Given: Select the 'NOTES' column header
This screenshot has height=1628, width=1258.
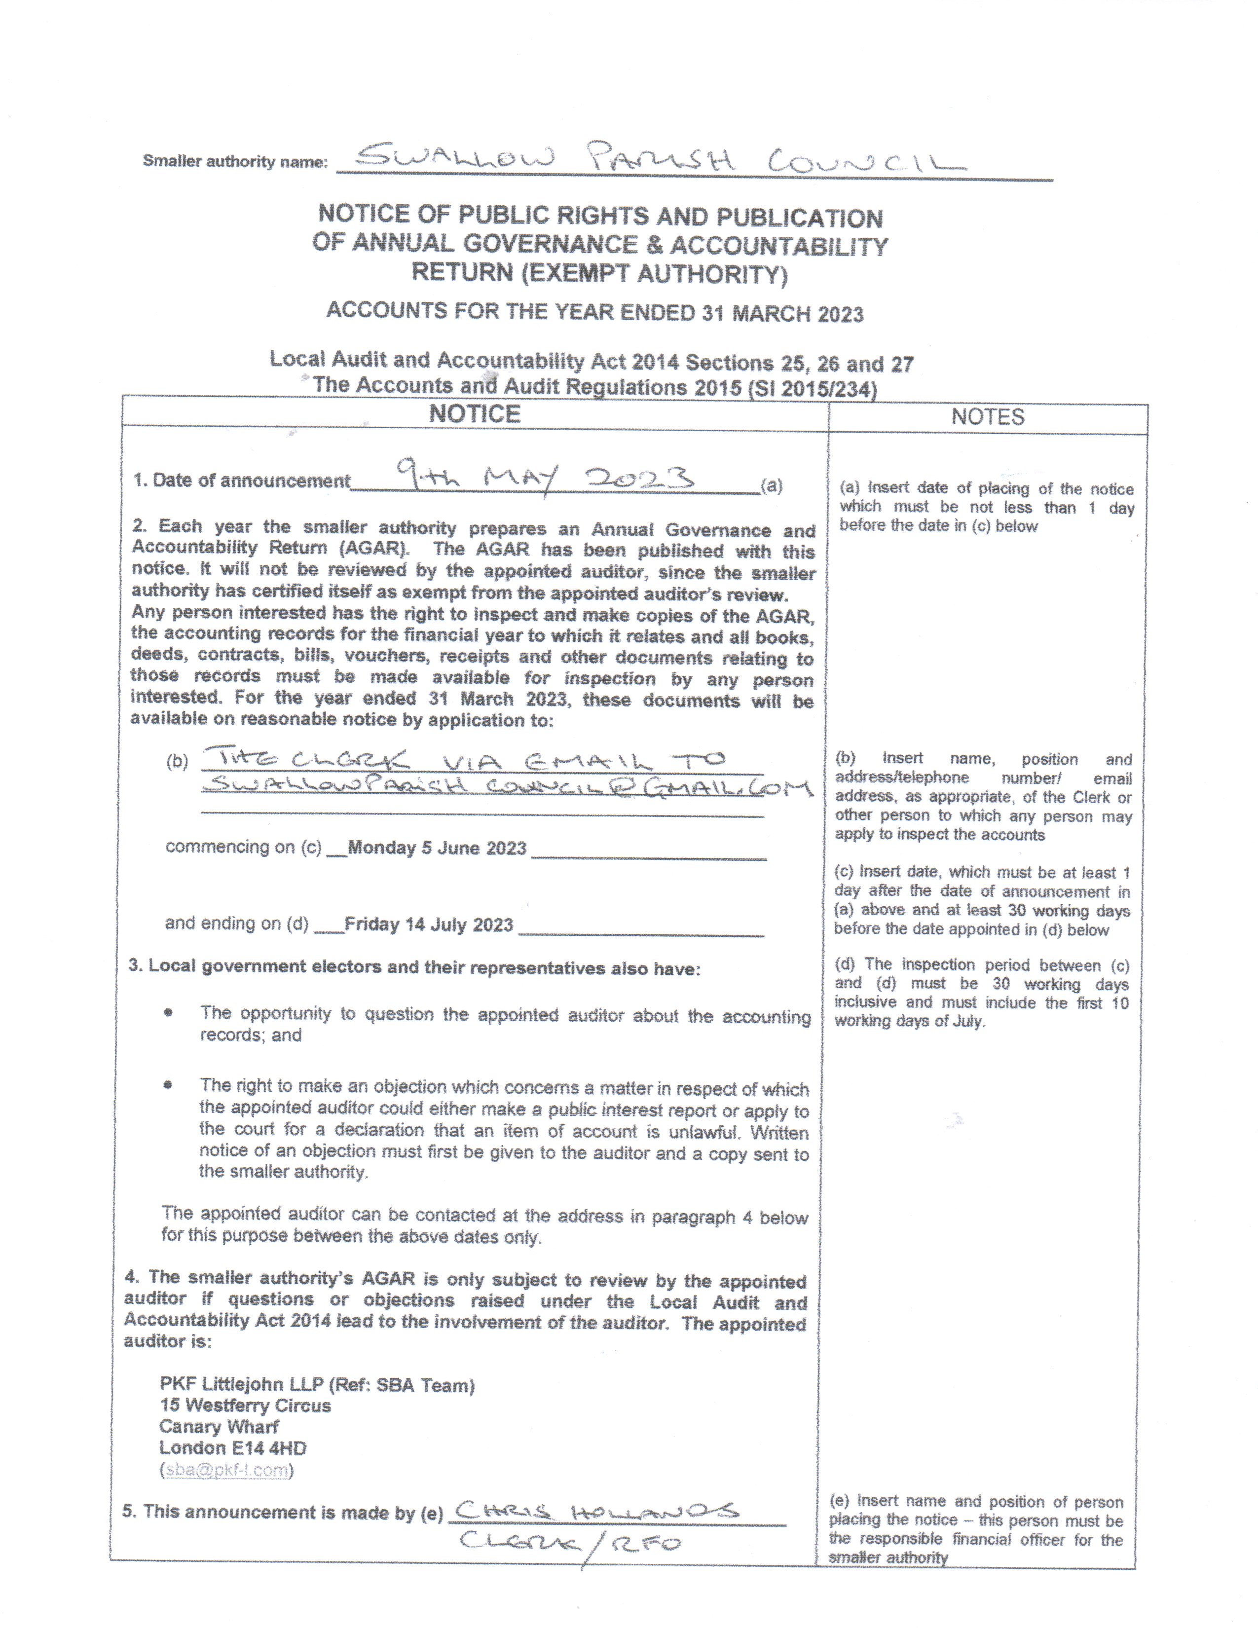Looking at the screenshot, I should point(988,417).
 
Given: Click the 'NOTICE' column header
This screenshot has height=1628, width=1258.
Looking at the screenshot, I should point(475,414).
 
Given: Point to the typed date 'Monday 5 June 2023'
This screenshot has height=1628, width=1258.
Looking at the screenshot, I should point(437,849).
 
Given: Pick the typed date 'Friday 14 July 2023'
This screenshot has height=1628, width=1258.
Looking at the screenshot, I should point(429,925).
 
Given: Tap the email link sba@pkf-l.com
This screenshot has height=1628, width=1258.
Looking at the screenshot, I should point(226,1470).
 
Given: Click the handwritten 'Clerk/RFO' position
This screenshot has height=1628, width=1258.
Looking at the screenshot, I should point(570,1542).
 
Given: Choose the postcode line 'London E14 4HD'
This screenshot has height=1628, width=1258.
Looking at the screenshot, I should point(232,1448).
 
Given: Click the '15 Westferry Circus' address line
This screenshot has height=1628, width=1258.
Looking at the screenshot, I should point(245,1406).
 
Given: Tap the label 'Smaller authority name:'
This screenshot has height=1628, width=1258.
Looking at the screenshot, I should point(235,161).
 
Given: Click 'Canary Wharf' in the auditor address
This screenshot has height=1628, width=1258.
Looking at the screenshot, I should point(219,1427).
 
